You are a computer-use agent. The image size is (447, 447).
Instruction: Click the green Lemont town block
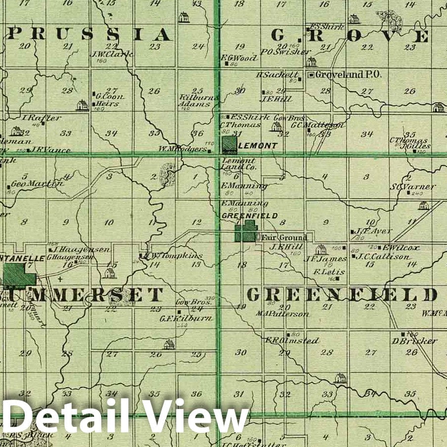pyautogui.click(x=229, y=145)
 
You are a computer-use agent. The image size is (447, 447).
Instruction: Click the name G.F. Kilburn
pyautogui.click(x=186, y=318)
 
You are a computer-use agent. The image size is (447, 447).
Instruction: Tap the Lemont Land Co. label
pyautogui.click(x=238, y=164)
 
